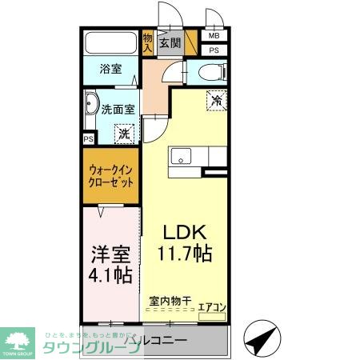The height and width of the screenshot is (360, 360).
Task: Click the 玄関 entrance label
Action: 170,43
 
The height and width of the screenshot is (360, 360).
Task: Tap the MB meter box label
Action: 214,36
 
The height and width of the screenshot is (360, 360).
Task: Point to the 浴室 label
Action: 110,70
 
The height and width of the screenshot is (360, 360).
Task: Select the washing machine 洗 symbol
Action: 124,134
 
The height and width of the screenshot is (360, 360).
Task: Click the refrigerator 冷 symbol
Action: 216,100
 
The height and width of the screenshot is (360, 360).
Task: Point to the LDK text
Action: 186,233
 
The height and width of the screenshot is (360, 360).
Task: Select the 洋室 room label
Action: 110,257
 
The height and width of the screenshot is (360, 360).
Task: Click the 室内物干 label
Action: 170,302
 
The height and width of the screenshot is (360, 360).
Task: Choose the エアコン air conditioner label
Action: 211,306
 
